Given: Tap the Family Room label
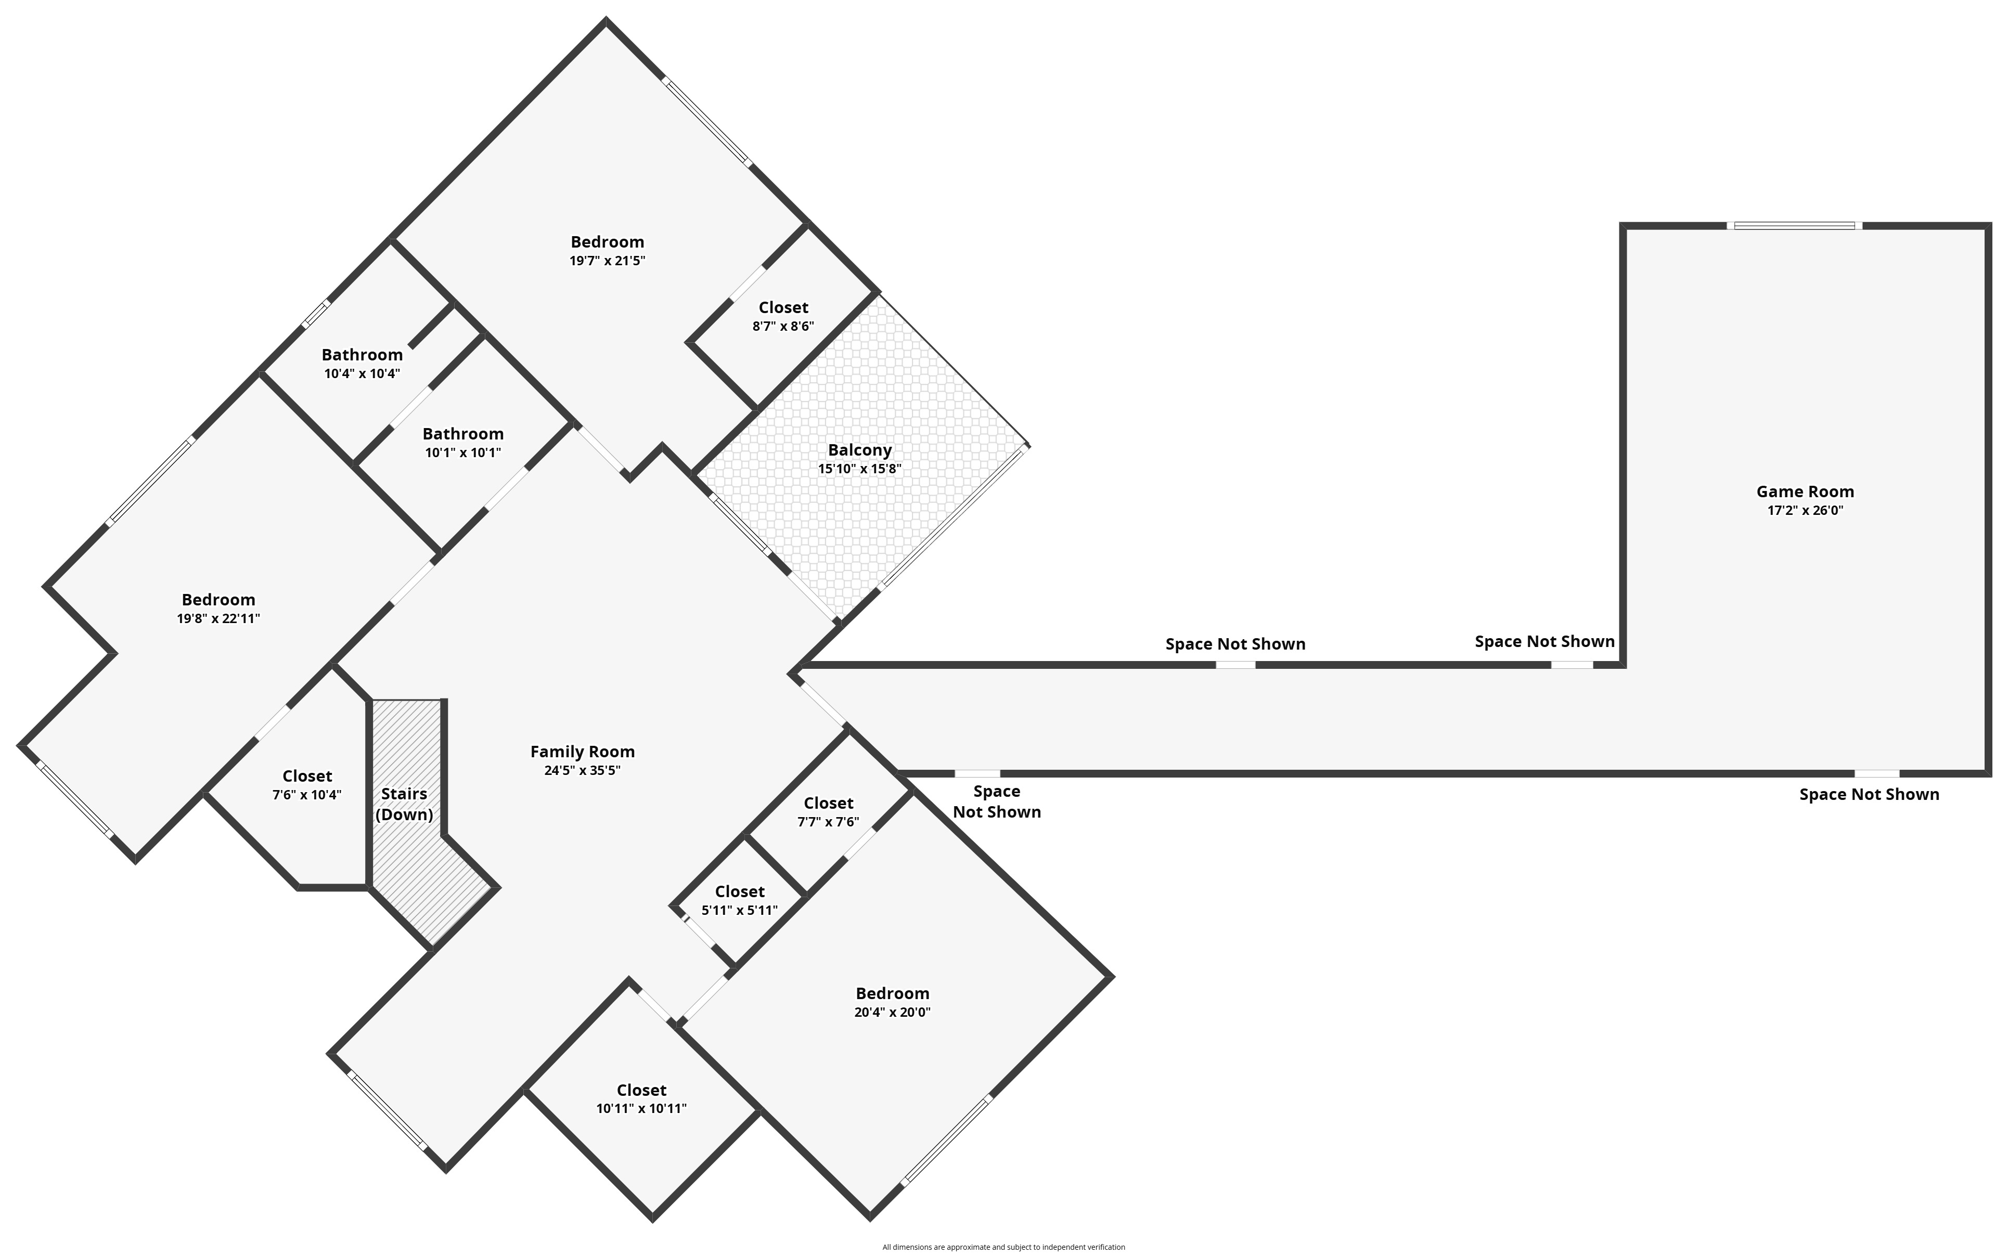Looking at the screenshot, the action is pyautogui.click(x=582, y=751).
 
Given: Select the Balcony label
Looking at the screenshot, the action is pyautogui.click(x=859, y=450).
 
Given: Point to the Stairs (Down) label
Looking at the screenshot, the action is pyautogui.click(x=404, y=804).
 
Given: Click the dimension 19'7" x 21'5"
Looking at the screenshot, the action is pyautogui.click(x=607, y=261).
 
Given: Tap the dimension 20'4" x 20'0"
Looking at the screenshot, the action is pyautogui.click(x=892, y=1012).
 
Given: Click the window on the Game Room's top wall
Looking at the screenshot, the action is pyautogui.click(x=1794, y=225).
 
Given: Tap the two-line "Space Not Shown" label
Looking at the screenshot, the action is pyautogui.click(x=996, y=802).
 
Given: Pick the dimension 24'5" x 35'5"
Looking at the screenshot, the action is pyautogui.click(x=582, y=770).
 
